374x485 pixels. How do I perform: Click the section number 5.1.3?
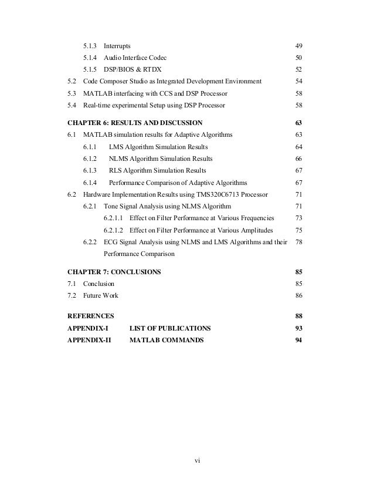[x=91, y=46]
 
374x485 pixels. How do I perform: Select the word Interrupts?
[x=117, y=46]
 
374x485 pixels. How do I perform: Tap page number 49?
[x=298, y=46]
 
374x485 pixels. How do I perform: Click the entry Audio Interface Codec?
[x=138, y=58]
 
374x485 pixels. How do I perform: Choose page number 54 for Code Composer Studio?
[x=298, y=81]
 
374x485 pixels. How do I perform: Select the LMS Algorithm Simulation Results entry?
[x=158, y=147]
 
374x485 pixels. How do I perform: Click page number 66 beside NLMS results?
[x=298, y=159]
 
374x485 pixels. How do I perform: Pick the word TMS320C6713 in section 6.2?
[x=229, y=194]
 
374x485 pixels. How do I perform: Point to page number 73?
[x=298, y=218]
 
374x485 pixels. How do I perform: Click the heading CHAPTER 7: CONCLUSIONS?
[x=114, y=272]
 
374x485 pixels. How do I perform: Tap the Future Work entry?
[x=100, y=295]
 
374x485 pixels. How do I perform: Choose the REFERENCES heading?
[x=91, y=316]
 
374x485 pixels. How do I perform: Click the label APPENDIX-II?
[x=90, y=340]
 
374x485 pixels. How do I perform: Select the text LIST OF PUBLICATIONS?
[x=169, y=328]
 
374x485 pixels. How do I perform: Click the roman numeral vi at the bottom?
[x=198, y=460]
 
